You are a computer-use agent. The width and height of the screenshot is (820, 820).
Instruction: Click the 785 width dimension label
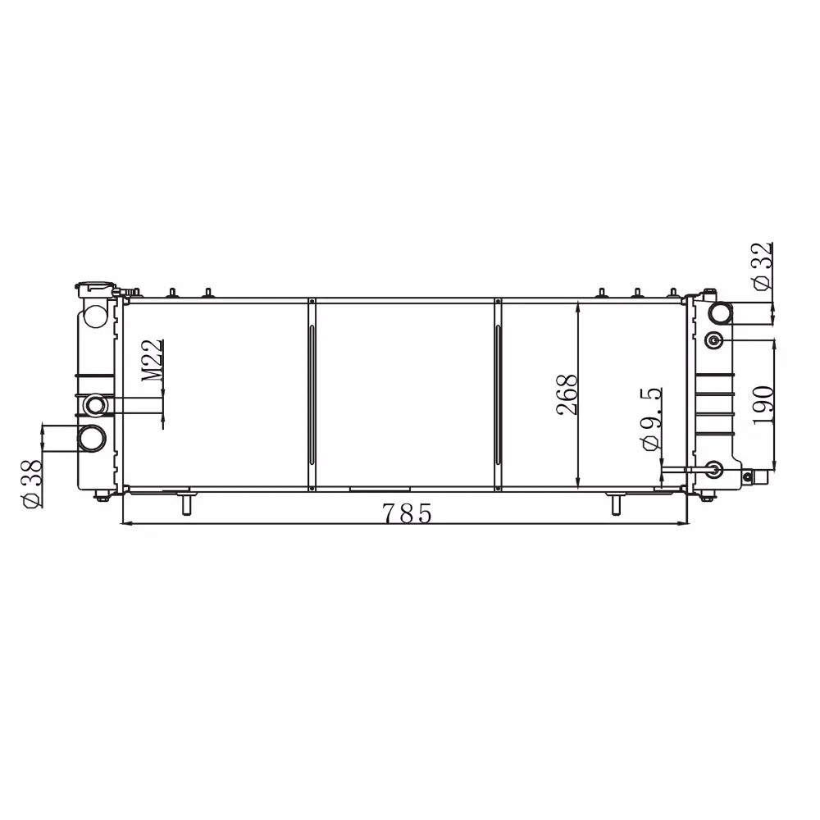407,513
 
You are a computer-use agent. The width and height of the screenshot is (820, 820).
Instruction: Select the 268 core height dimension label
567,395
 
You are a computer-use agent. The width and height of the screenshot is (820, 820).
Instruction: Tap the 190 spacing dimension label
763,405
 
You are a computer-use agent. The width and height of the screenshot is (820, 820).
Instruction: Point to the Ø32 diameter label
762,266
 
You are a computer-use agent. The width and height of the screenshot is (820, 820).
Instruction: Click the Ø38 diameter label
32,484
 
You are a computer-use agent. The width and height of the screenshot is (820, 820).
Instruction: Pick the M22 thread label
153,360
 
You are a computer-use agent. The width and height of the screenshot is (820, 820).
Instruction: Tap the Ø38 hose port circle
92,438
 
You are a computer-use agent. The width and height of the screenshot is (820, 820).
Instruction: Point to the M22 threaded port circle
96,405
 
